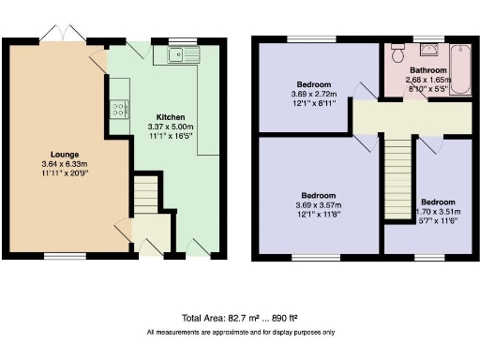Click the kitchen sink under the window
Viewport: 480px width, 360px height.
(x=186, y=55)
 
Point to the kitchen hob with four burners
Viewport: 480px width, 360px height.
(x=120, y=109)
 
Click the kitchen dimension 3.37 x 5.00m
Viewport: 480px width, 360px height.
(x=155, y=128)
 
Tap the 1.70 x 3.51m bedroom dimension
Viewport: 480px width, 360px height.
(x=438, y=211)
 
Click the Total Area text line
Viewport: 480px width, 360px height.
(x=240, y=319)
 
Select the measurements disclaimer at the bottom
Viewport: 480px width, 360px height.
(x=240, y=333)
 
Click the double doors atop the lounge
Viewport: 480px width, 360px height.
(x=68, y=36)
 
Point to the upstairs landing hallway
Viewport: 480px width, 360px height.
(x=412, y=117)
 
